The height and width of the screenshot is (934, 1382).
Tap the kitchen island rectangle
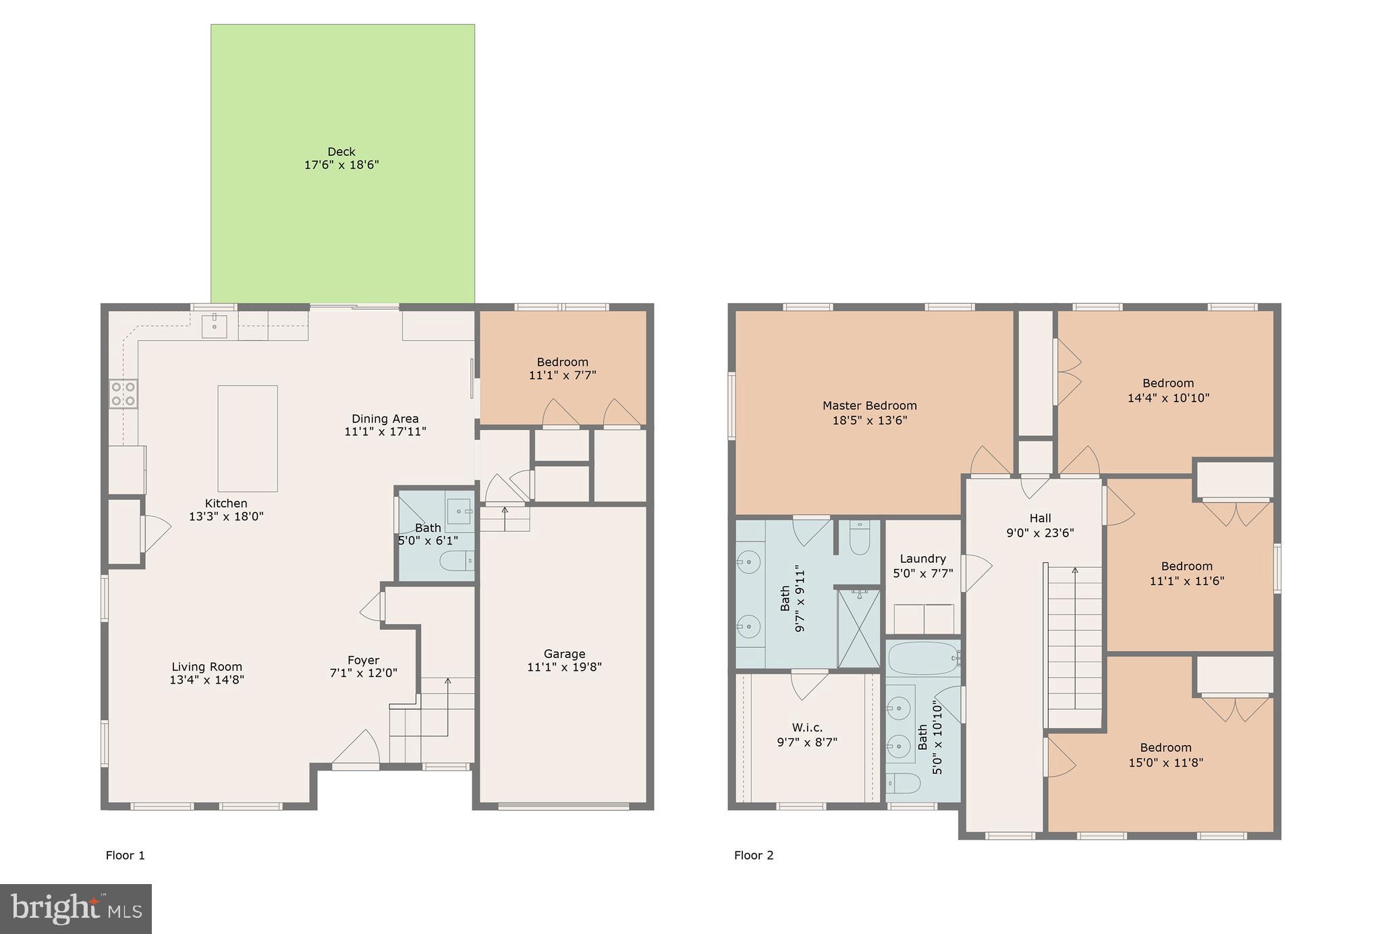(x=248, y=438)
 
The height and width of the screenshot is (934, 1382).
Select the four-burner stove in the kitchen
(x=123, y=394)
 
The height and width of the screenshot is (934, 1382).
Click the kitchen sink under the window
(x=215, y=327)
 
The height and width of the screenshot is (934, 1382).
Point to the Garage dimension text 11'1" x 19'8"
(x=564, y=667)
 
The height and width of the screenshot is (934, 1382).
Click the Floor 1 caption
(x=126, y=855)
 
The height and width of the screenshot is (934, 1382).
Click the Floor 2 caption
(x=754, y=855)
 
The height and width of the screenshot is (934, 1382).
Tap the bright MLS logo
(x=76, y=908)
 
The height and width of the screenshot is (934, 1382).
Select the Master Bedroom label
(x=869, y=406)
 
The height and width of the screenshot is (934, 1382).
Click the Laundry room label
(x=922, y=559)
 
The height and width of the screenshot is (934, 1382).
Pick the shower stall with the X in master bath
(x=858, y=628)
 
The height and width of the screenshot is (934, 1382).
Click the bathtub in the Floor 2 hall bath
(x=922, y=658)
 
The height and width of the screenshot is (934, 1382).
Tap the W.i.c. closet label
(x=807, y=727)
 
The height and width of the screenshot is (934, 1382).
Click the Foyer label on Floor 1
(x=363, y=660)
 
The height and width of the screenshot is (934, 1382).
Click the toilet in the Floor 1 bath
(x=456, y=560)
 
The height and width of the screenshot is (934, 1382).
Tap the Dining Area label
(x=385, y=418)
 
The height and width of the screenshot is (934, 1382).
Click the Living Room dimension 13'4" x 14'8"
(x=206, y=680)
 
